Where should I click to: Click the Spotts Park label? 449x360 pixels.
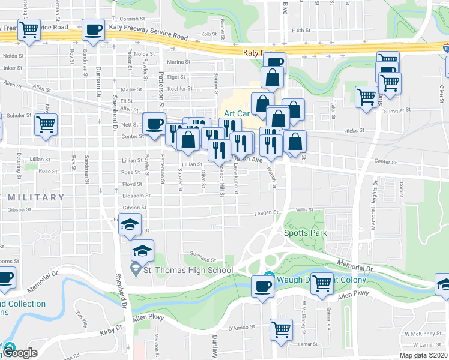point(304,233)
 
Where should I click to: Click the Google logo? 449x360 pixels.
point(20,353)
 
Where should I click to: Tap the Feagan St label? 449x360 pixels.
point(267,212)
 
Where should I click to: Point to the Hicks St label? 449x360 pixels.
point(355,130)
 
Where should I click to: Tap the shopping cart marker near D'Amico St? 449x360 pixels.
point(280,329)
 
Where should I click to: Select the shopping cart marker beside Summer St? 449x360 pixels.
point(366,97)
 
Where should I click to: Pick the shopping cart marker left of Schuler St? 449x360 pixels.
point(46,125)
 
